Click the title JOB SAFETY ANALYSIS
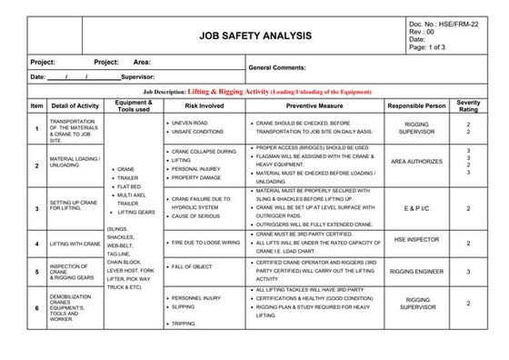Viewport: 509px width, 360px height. [x=254, y=35]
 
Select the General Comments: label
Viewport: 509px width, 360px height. [x=280, y=68]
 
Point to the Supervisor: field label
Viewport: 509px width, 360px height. [x=141, y=77]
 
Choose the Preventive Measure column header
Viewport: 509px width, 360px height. [x=313, y=106]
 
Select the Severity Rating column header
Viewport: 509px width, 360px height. [x=468, y=106]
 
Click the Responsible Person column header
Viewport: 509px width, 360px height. [x=416, y=106]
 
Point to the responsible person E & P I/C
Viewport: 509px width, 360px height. [x=417, y=208]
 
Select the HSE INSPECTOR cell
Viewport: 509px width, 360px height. [x=416, y=238]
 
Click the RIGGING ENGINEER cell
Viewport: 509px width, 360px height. [x=416, y=271]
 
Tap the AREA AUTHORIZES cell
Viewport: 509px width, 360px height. [x=416, y=162]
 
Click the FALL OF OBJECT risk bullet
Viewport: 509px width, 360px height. [x=192, y=266]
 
